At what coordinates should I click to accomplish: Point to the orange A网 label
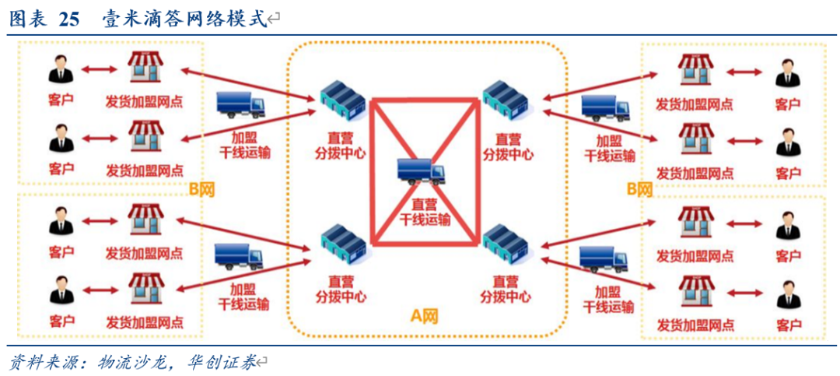tap(425, 316)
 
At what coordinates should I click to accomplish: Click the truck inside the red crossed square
tap(420, 170)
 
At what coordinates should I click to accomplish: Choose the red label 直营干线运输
tap(424, 211)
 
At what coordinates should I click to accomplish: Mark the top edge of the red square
tap(424, 100)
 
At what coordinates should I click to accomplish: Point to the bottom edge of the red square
tap(424, 243)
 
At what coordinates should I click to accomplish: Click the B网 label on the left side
tap(201, 189)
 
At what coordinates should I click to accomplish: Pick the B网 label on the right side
tap(639, 189)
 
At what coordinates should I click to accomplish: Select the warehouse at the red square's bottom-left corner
tap(341, 244)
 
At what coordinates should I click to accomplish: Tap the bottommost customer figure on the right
tap(787, 295)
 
